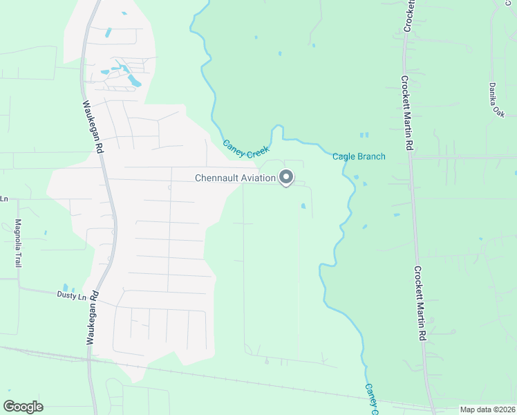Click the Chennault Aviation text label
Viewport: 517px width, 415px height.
click(x=235, y=178)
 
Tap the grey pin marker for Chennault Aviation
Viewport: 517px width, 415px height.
click(x=286, y=178)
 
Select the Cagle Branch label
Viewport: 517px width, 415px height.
click(x=359, y=156)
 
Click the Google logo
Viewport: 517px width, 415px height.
click(x=23, y=406)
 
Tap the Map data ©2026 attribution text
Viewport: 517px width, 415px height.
click(x=488, y=409)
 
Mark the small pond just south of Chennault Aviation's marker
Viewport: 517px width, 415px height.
click(x=303, y=205)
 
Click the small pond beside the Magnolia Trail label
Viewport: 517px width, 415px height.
click(x=45, y=232)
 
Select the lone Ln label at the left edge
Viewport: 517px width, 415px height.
click(x=3, y=199)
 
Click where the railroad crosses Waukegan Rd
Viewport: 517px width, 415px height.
click(x=90, y=359)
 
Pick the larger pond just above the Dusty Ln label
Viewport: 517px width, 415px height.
click(x=66, y=287)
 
